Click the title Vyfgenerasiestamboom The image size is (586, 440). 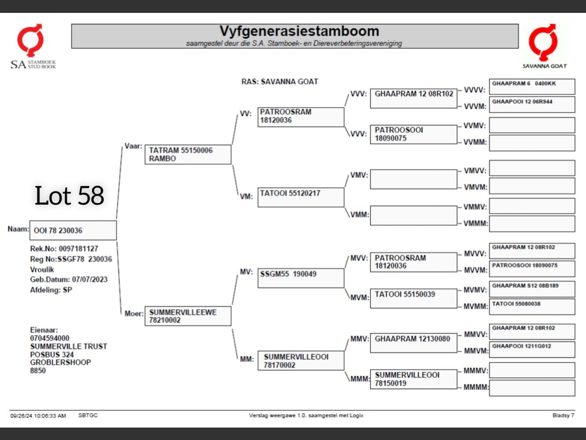pyautogui.click(x=299, y=31)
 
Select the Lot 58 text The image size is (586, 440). pyautogui.click(x=69, y=196)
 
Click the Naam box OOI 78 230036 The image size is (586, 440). pyautogui.click(x=73, y=230)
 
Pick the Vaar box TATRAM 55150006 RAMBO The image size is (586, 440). pyautogui.click(x=188, y=155)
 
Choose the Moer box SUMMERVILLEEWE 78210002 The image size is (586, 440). pyautogui.click(x=188, y=316)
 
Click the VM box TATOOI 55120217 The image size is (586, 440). pyautogui.click(x=301, y=197)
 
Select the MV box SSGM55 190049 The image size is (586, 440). pyautogui.click(x=301, y=278)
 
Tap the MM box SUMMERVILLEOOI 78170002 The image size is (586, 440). pyautogui.click(x=301, y=361)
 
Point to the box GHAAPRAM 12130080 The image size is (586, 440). pyautogui.click(x=413, y=343)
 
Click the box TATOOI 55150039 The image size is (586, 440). pyautogui.click(x=413, y=298)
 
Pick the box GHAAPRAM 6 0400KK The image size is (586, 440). pyautogui.click(x=532, y=86)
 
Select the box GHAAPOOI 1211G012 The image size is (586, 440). pyautogui.click(x=532, y=349)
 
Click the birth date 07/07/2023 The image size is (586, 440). pyautogui.click(x=90, y=280)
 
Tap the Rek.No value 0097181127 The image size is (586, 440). pyautogui.click(x=78, y=249)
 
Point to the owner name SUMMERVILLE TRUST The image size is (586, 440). pyautogui.click(x=69, y=346)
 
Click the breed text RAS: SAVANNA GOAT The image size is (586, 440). pyautogui.click(x=280, y=82)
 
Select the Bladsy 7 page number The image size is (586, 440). pyautogui.click(x=563, y=416)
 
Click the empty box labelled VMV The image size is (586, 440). pyautogui.click(x=413, y=179)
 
